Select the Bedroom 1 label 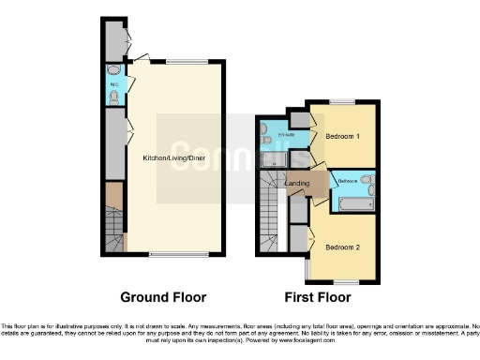click(x=342, y=136)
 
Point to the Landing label click(x=298, y=183)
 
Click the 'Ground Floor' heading click(x=162, y=297)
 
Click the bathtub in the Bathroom click(x=355, y=201)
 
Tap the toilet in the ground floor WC click(x=114, y=94)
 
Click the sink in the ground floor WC click(x=114, y=70)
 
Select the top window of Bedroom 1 click(x=342, y=101)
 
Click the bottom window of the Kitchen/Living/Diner click(x=173, y=254)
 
